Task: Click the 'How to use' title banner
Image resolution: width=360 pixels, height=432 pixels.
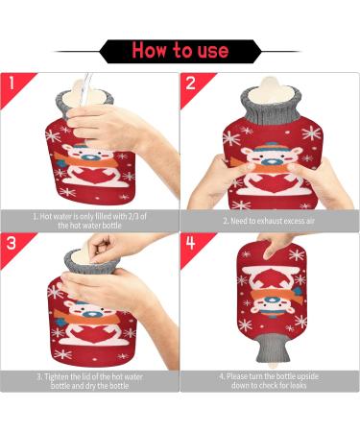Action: click(x=180, y=50)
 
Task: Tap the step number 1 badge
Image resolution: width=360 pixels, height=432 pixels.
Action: click(x=12, y=84)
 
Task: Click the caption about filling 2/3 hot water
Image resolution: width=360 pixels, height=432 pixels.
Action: click(x=89, y=221)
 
